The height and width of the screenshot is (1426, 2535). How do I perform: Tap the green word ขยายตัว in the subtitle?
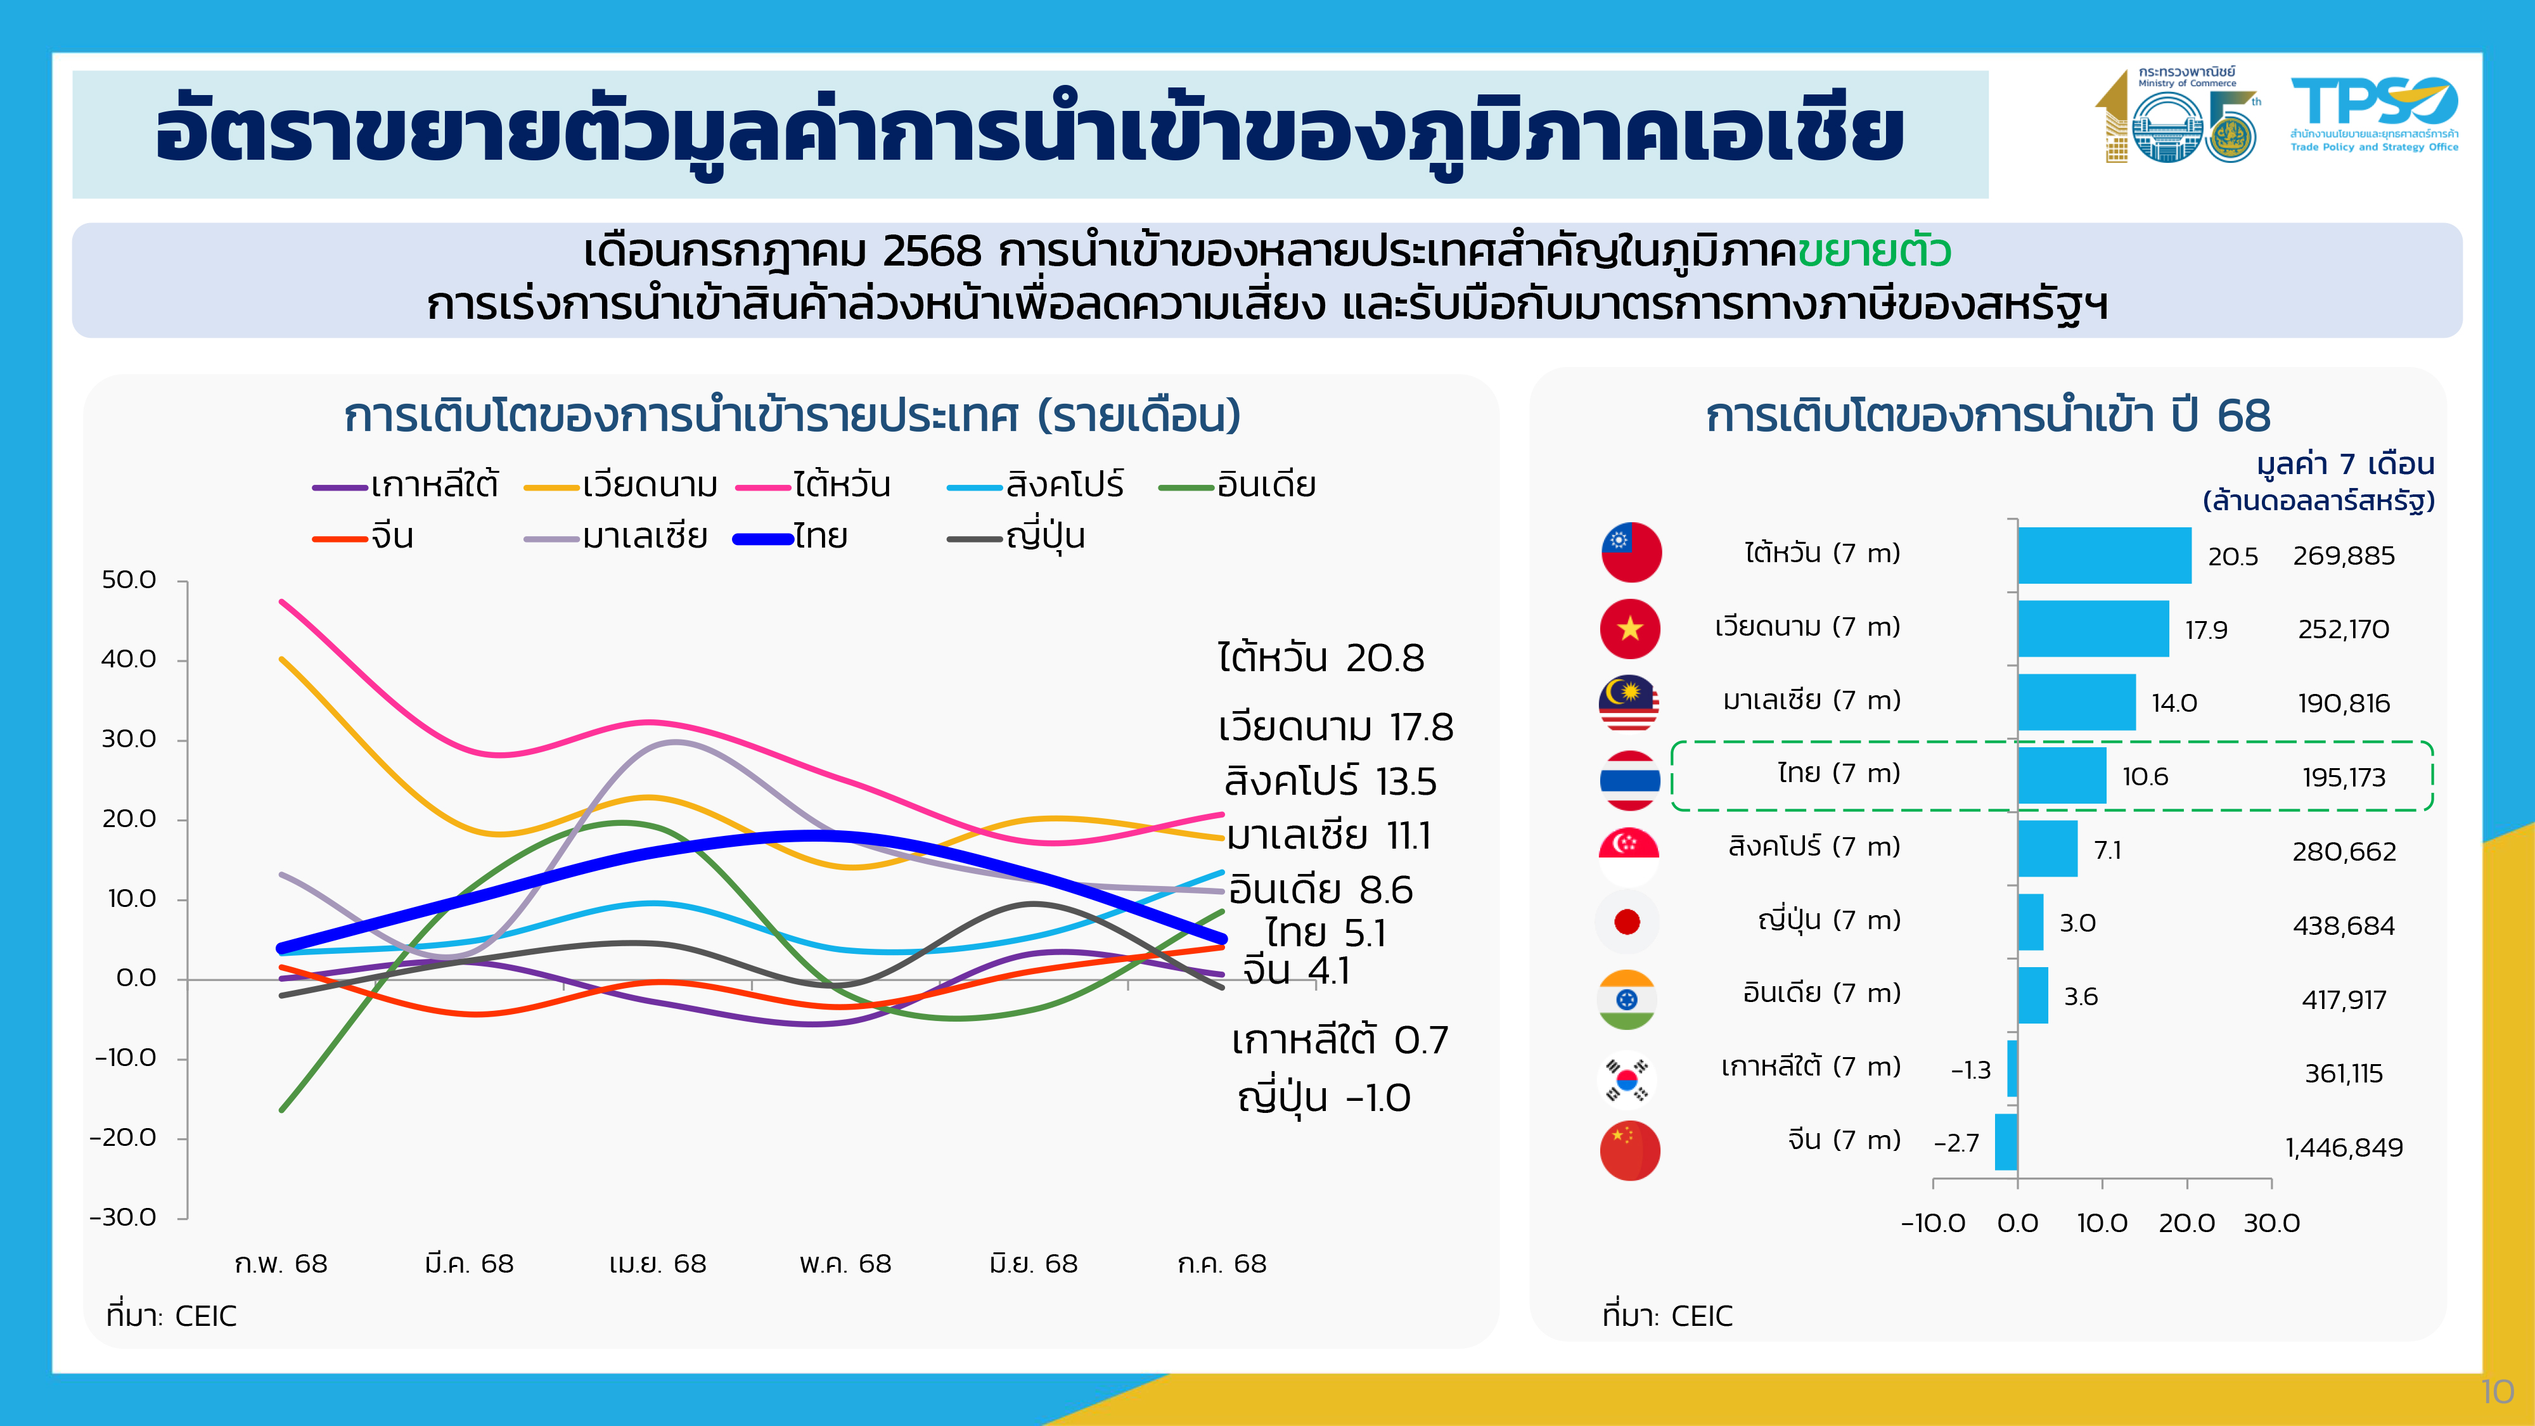click(x=1874, y=252)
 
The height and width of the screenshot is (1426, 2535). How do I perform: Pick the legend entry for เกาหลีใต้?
click(x=406, y=485)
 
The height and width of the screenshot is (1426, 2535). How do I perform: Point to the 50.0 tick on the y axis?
click(x=129, y=580)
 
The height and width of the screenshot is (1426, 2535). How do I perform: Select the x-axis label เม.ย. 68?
click(x=657, y=1264)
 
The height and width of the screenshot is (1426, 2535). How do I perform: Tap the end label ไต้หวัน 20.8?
click(x=1321, y=657)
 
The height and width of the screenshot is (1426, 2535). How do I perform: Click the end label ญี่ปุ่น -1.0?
click(x=1324, y=1097)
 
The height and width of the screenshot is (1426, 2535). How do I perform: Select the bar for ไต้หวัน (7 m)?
click(x=2104, y=555)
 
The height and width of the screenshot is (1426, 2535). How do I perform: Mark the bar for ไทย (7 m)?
click(x=2062, y=776)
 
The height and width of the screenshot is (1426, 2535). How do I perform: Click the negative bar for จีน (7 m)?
click(x=2006, y=1141)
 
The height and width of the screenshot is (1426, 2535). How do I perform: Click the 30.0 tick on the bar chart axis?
click(x=2271, y=1223)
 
